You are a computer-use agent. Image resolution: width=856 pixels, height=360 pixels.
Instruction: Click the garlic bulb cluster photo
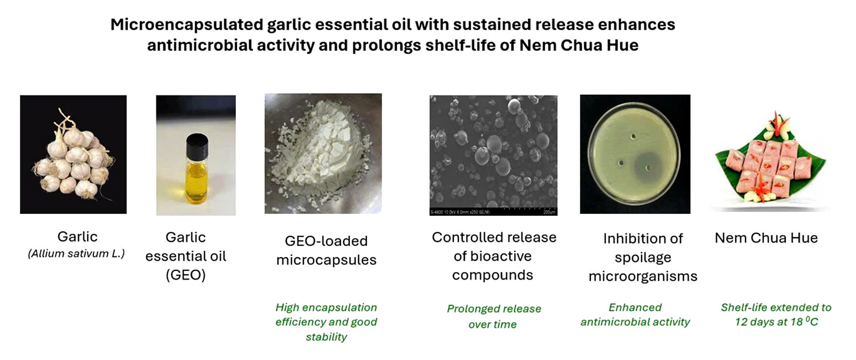(x=73, y=155)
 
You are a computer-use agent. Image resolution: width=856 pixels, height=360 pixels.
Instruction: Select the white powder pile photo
(x=323, y=154)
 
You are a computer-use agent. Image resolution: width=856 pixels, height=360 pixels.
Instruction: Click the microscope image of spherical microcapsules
(x=493, y=155)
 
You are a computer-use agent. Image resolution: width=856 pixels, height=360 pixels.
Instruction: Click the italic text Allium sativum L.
(x=76, y=254)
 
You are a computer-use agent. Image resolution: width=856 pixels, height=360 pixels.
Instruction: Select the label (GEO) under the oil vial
(x=186, y=275)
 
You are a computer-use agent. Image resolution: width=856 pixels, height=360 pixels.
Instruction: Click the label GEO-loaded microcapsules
(x=326, y=250)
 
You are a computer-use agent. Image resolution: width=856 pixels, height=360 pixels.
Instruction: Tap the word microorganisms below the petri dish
(x=643, y=276)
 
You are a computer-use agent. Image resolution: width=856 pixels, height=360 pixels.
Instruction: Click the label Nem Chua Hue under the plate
(x=766, y=238)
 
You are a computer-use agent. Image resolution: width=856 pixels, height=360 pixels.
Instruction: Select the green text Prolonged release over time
(x=494, y=316)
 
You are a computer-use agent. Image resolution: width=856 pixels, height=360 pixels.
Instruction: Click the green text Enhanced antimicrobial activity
(x=635, y=315)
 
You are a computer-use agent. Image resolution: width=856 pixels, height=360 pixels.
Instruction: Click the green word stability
(x=326, y=337)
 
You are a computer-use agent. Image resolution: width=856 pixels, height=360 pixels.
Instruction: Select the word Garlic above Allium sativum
(x=77, y=237)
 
